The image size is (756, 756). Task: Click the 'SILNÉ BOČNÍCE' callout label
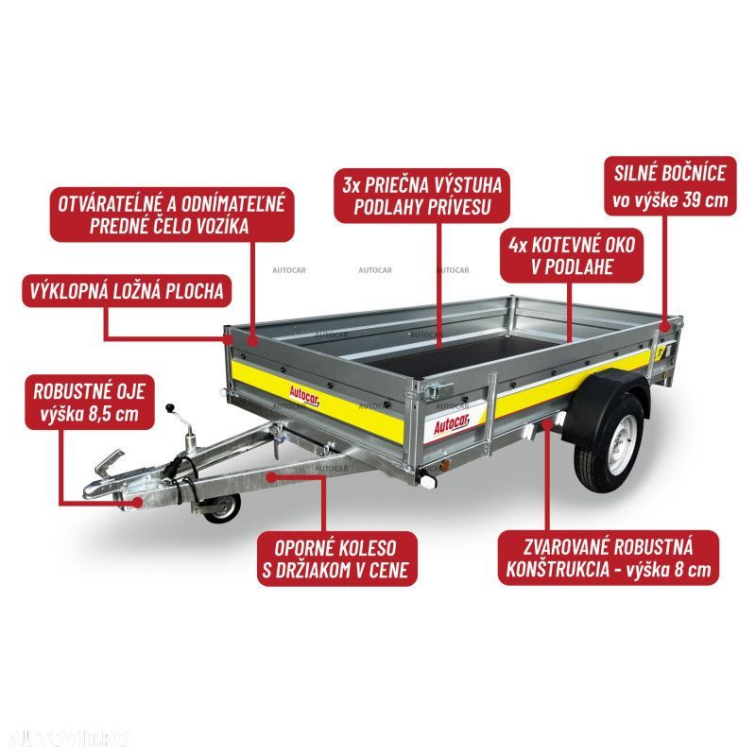pyautogui.click(x=670, y=186)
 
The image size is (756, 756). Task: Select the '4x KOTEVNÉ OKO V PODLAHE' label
pyautogui.click(x=572, y=255)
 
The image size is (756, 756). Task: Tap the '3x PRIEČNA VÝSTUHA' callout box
pyautogui.click(x=421, y=196)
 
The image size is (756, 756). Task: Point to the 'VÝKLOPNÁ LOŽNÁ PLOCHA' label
pyautogui.click(x=127, y=291)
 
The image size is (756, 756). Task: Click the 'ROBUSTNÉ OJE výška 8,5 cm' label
pyautogui.click(x=90, y=403)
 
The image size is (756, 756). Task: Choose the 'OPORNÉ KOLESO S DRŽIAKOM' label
pyautogui.click(x=337, y=558)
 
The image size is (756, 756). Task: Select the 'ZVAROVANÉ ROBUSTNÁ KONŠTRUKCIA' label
pyautogui.click(x=608, y=558)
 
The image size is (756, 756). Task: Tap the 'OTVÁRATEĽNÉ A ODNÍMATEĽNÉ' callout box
pyautogui.click(x=172, y=215)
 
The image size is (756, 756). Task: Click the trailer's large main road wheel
pyautogui.click(x=609, y=440)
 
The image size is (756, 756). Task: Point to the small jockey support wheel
pyautogui.click(x=223, y=508)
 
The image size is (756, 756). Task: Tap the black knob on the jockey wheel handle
pyautogui.click(x=169, y=408)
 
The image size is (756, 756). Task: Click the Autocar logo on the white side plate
pyautogui.click(x=451, y=424)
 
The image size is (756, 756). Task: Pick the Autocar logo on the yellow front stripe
pyautogui.click(x=304, y=396)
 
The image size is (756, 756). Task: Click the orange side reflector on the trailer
pyautogui.click(x=446, y=466)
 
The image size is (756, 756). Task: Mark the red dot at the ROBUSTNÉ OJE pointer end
pyautogui.click(x=138, y=502)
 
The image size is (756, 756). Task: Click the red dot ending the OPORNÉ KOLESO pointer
pyautogui.click(x=271, y=477)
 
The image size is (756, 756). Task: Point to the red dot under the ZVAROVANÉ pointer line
pyautogui.click(x=547, y=424)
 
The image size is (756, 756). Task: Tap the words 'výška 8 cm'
pyautogui.click(x=668, y=570)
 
